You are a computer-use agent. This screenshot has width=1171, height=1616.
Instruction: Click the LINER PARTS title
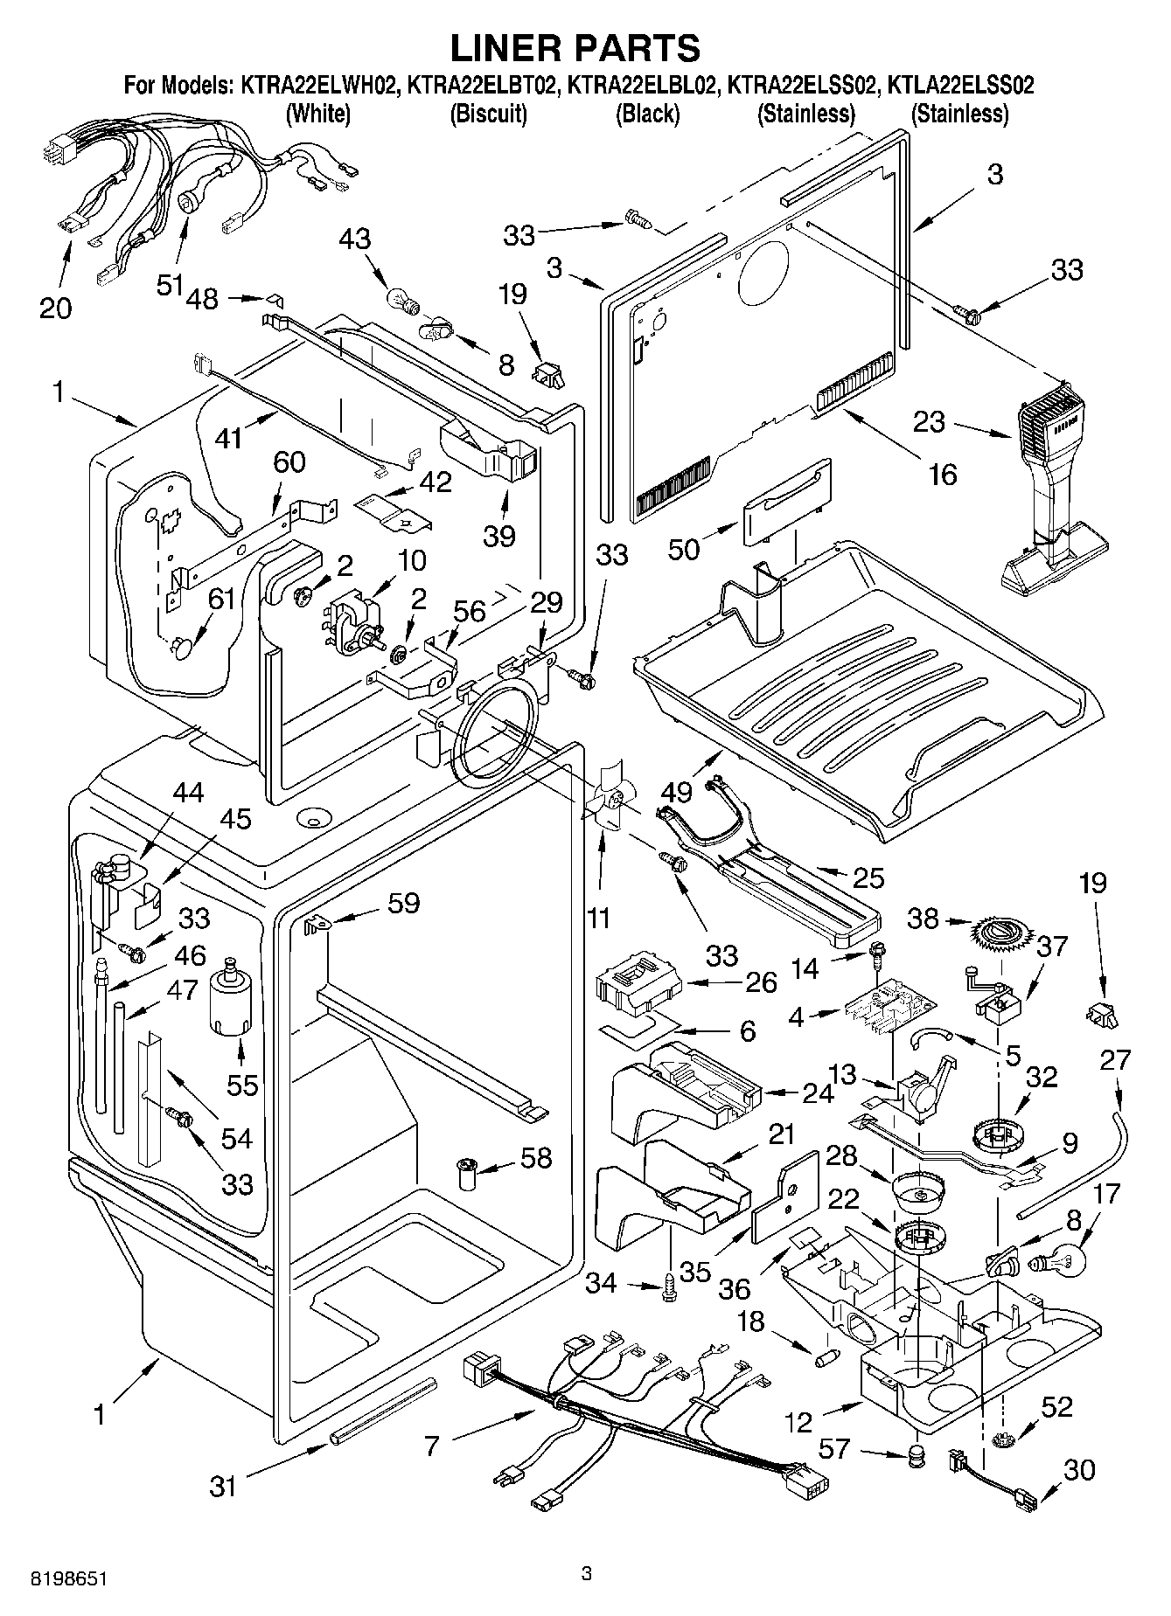575,47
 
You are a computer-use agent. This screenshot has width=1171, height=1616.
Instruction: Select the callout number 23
929,422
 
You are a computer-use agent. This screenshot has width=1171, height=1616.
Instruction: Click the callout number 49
678,792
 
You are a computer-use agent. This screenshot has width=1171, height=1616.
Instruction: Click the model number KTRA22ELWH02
317,86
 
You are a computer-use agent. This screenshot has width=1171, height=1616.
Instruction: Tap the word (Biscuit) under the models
488,114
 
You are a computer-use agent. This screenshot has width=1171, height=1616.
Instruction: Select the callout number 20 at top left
56,309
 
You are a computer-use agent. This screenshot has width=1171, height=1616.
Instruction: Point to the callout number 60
289,462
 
